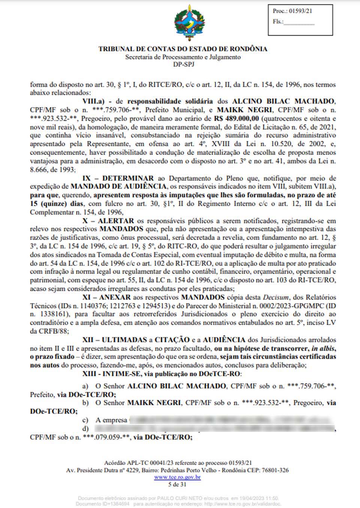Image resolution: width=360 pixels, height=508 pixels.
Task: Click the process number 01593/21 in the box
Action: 300,11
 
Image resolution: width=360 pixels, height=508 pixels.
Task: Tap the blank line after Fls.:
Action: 299,22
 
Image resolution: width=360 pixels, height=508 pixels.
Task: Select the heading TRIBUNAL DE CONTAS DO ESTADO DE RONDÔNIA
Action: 183,49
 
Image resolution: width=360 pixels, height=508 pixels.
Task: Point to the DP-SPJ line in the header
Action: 183,64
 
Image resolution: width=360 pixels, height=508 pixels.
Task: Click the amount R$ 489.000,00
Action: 237,118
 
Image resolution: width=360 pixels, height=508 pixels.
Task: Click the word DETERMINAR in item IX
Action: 128,178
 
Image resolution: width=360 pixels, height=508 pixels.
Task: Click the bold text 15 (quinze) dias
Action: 57,204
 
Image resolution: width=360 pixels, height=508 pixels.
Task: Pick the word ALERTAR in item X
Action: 115,221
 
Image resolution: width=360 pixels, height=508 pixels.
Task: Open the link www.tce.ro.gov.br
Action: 177,477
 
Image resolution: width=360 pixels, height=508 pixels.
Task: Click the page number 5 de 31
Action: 177,484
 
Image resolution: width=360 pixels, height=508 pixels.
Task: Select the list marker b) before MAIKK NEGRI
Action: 85,403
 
